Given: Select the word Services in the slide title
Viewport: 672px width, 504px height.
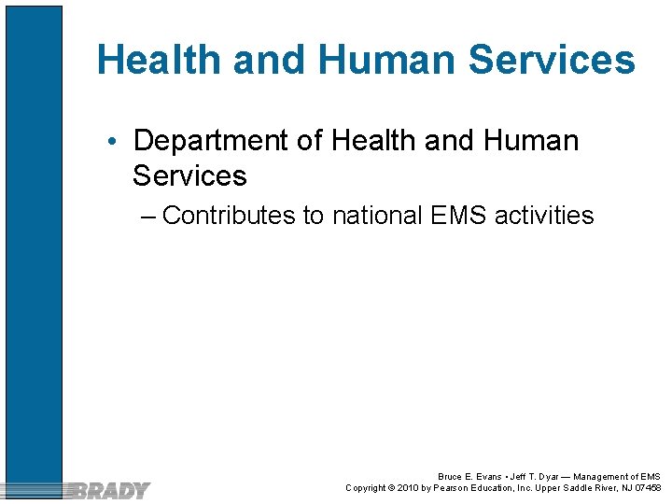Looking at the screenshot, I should (552, 61).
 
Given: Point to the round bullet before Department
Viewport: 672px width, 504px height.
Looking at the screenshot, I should (111, 142).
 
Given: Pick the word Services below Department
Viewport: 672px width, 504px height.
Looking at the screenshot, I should (189, 175).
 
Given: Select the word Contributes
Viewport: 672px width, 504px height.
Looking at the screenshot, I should (229, 216).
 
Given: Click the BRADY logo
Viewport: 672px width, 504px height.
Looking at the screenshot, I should (110, 490).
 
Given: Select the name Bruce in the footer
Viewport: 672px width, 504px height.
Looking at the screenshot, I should (451, 477).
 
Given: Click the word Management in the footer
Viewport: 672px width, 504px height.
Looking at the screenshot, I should (603, 477).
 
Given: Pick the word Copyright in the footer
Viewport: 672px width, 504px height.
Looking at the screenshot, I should (366, 488).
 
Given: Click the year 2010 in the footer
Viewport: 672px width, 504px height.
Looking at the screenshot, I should (408, 488).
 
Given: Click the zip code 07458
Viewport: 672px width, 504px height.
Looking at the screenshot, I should (648, 488).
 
